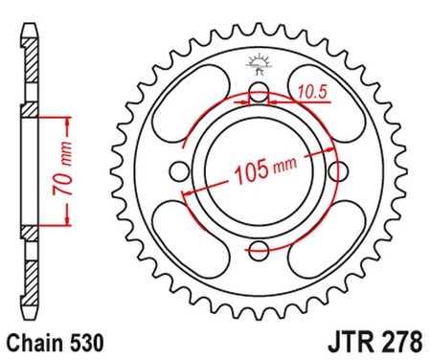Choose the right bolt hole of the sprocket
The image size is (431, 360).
coord(337,172)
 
